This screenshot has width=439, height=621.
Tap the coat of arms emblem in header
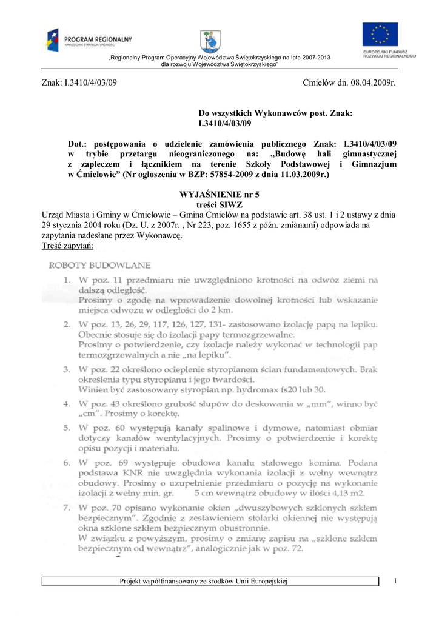point(210,41)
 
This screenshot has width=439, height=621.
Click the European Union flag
point(380,36)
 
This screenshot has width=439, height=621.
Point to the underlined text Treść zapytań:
point(67,246)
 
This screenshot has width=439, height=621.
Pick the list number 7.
point(68,507)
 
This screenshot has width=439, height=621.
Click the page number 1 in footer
point(394,582)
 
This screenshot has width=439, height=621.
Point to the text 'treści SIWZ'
point(219,205)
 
